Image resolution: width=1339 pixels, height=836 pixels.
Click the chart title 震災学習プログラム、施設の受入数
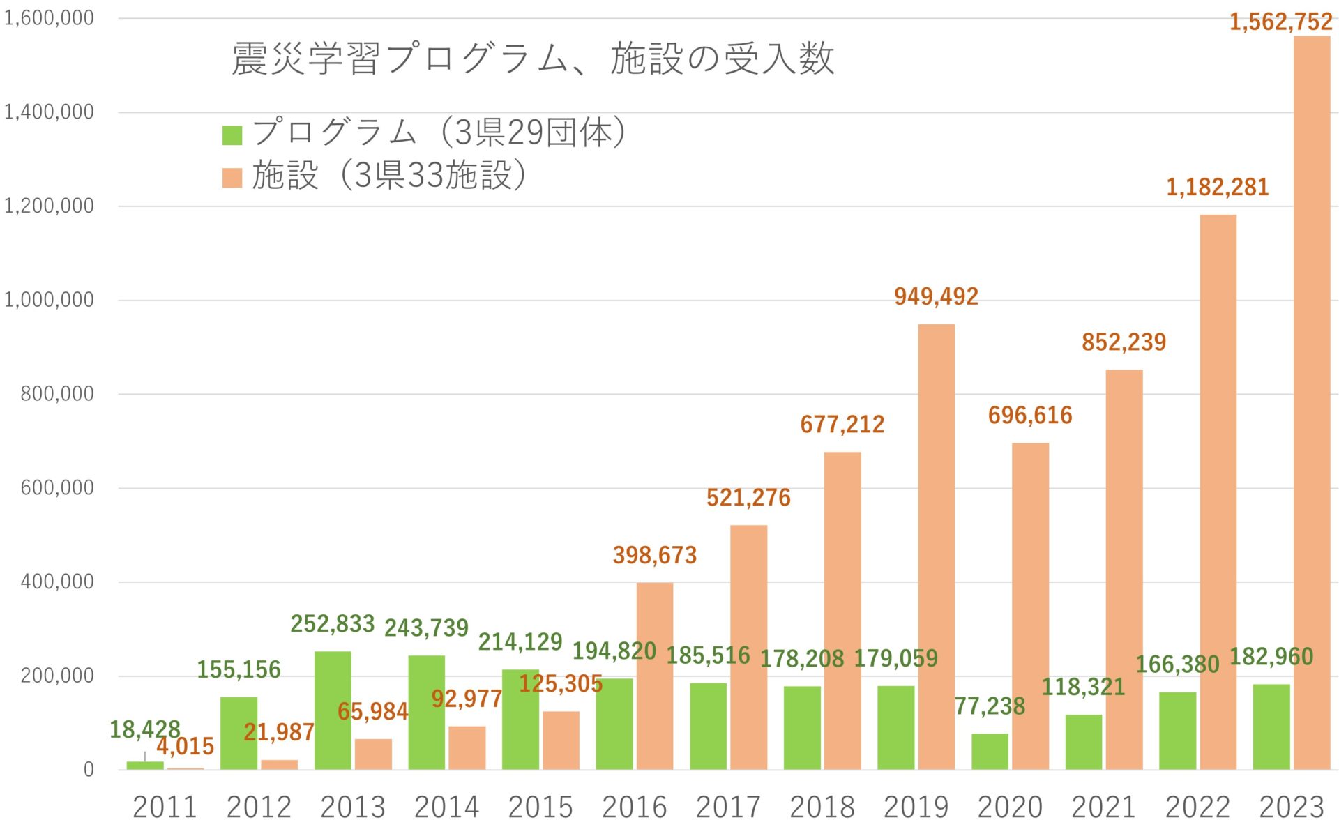[533, 59]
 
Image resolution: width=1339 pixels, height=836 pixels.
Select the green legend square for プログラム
[232, 135]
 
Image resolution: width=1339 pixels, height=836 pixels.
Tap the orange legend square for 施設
[232, 177]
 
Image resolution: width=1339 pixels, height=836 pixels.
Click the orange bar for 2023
[1312, 404]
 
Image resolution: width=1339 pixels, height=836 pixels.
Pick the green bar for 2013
[333, 711]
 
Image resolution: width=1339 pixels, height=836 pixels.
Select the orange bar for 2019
[936, 547]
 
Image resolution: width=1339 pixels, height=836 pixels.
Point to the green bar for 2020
[990, 752]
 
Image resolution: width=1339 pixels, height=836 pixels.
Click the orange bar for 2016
[654, 676]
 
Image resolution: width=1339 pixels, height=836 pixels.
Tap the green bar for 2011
[144, 766]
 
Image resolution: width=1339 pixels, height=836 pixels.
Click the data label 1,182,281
[1217, 188]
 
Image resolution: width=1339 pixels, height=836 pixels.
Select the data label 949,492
[936, 297]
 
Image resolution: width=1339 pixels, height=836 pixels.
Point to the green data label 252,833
[333, 623]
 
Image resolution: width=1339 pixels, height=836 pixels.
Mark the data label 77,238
[990, 706]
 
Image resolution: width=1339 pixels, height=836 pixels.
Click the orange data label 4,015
[185, 747]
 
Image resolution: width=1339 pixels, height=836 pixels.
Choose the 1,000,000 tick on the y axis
[49, 300]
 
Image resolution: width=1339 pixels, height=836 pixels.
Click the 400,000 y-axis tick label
[56, 582]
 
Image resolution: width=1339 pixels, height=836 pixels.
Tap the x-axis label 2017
[728, 807]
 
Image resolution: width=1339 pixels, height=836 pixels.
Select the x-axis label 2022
[1197, 807]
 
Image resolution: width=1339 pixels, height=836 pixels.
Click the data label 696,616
[1029, 416]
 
